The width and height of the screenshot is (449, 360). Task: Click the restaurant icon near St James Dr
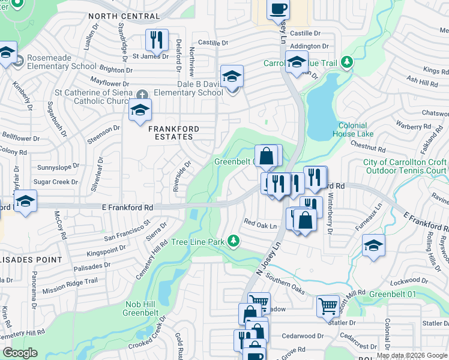coord(157,40)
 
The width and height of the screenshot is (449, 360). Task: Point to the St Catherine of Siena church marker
coord(142,94)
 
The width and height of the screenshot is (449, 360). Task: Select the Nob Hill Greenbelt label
coord(140,308)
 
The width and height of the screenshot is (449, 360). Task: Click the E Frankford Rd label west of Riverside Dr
coord(125,207)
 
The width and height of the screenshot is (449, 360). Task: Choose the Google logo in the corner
coord(20,353)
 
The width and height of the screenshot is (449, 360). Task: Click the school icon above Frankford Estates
coord(140,110)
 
